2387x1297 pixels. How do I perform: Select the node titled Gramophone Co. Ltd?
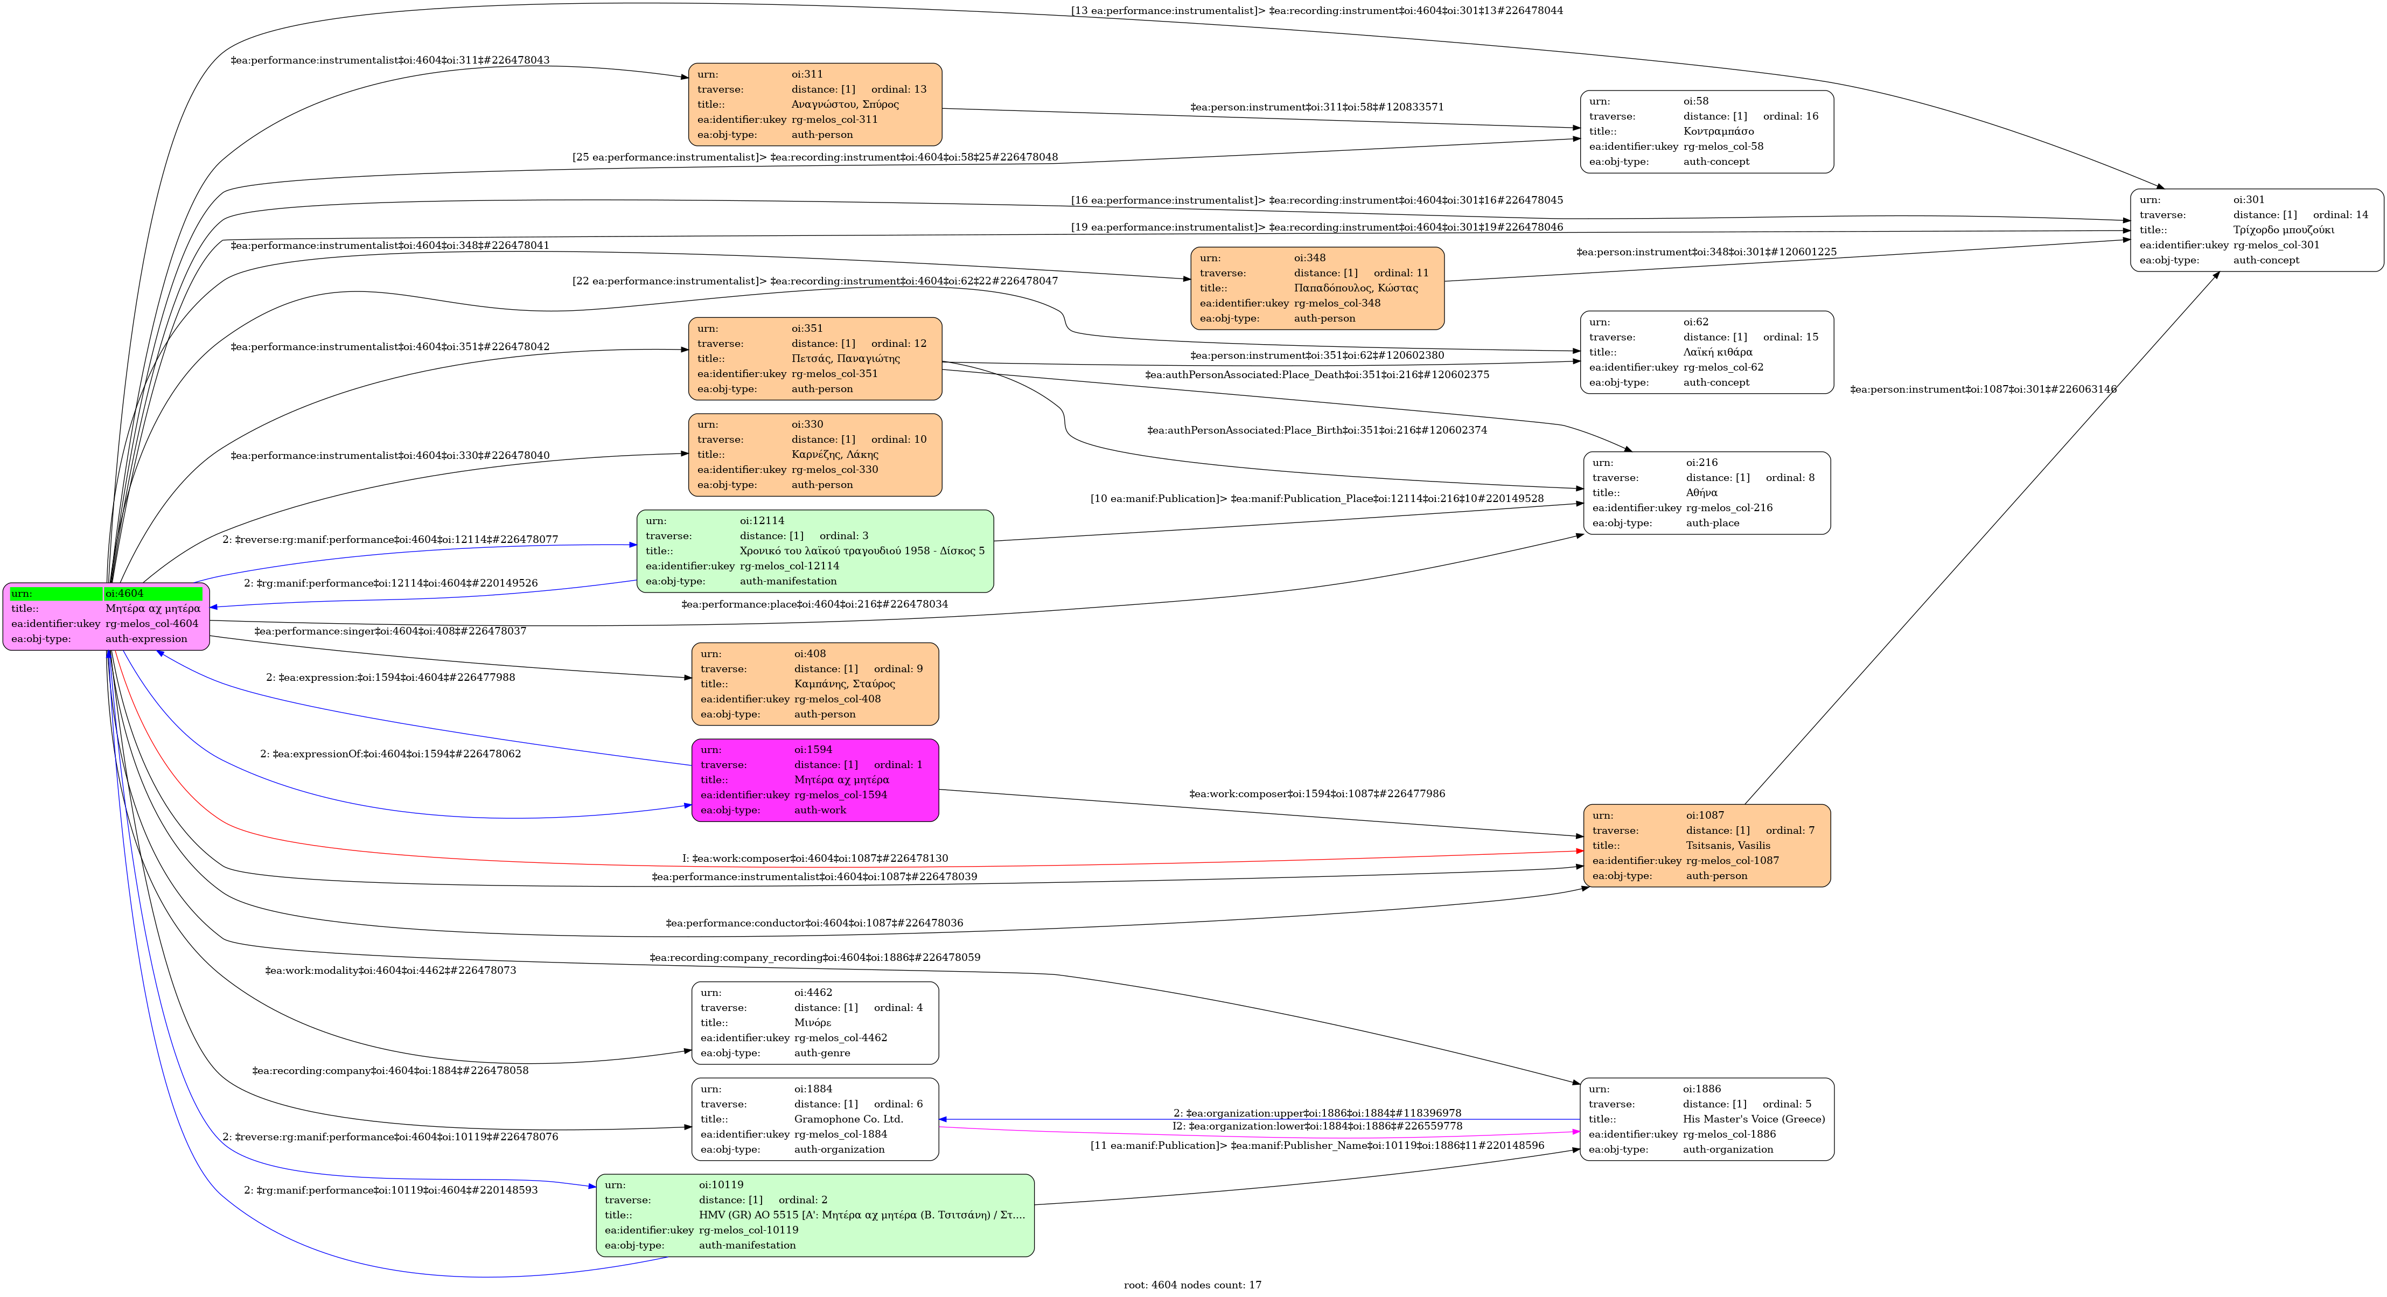click(x=814, y=1119)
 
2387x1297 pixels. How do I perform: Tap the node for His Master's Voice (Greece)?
click(x=1706, y=1119)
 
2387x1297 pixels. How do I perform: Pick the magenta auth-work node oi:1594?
click(x=814, y=780)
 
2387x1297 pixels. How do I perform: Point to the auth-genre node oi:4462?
click(x=814, y=1023)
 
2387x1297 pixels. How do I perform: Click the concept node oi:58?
click(x=1706, y=131)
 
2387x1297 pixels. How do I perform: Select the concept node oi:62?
click(x=1706, y=352)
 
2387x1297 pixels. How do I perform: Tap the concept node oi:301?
click(x=2256, y=230)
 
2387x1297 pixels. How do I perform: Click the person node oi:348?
click(x=1317, y=288)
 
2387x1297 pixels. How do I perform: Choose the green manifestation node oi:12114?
click(x=814, y=551)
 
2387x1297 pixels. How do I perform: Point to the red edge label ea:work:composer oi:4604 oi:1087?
click(x=814, y=859)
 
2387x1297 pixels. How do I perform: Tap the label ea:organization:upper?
click(x=1317, y=1113)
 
